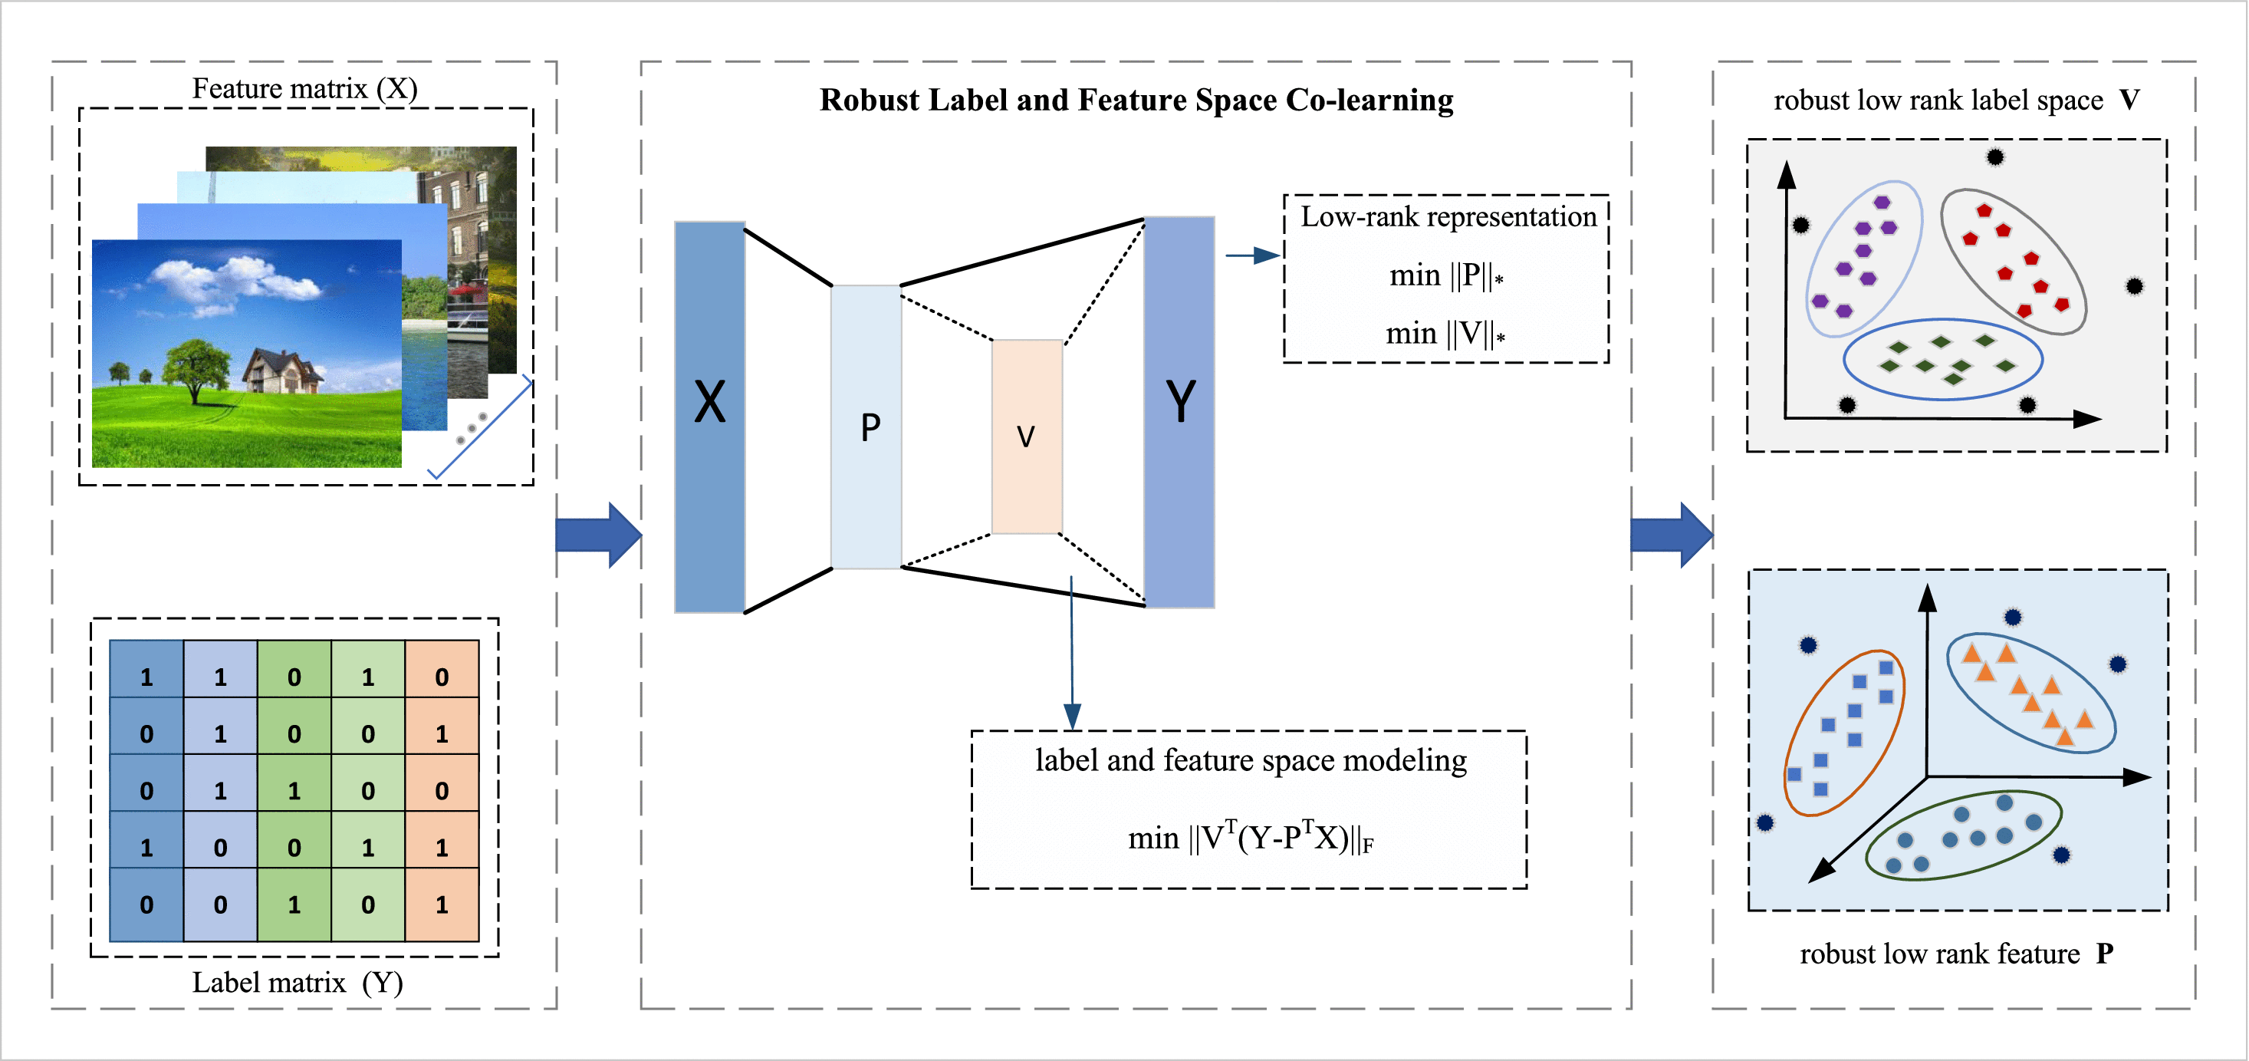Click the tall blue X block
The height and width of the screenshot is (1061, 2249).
709,417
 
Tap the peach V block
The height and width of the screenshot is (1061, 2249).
1027,436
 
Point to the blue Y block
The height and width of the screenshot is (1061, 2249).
1179,411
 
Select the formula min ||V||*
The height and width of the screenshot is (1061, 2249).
1445,334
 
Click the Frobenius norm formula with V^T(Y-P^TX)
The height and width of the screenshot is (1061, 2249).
1250,839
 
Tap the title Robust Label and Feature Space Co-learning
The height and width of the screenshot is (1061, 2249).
1136,100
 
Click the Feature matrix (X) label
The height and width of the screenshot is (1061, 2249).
304,88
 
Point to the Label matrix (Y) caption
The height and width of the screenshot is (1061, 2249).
298,984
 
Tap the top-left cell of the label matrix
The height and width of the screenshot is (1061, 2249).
146,677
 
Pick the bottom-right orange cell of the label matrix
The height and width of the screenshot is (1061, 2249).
442,904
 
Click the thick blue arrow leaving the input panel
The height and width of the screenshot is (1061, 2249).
598,535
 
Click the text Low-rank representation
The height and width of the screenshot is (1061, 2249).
1448,216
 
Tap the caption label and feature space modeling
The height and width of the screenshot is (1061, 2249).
1250,760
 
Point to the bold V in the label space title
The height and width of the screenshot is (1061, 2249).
2129,100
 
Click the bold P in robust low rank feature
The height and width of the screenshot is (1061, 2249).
2105,954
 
